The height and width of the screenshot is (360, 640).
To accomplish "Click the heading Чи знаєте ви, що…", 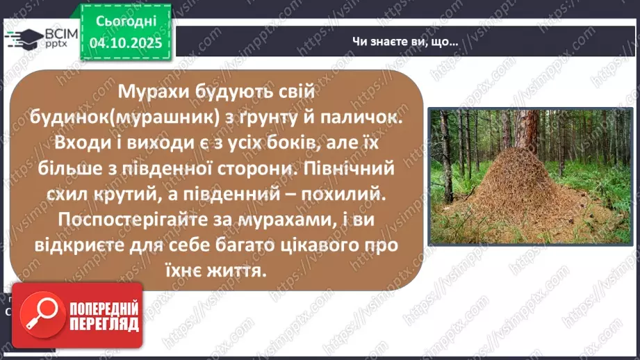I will click(x=404, y=42).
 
